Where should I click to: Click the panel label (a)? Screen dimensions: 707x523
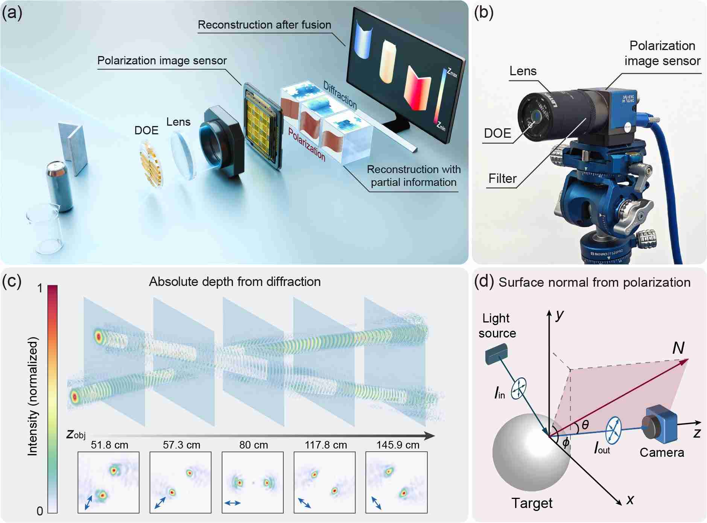coord(12,13)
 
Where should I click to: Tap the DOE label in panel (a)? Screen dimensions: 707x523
coord(146,131)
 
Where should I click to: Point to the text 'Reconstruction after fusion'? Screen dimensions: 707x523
coord(265,25)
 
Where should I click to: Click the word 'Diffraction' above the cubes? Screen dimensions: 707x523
coord(340,95)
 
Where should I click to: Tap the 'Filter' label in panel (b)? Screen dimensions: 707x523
coord(502,178)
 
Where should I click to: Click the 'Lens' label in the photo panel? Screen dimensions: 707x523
coord(523,71)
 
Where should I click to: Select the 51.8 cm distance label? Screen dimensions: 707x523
coord(109,445)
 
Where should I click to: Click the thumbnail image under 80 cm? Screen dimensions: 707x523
coord(252,482)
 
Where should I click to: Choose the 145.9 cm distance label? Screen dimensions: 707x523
coord(398,445)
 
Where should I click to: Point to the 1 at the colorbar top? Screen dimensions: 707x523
coord(40,289)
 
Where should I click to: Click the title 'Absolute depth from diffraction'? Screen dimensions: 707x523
coord(235,282)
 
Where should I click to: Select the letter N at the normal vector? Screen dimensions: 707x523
coord(678,348)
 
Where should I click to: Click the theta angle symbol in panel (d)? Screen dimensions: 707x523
coord(585,425)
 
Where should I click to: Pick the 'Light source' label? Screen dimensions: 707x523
coord(497,326)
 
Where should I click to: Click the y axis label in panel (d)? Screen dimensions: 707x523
coord(560,315)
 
